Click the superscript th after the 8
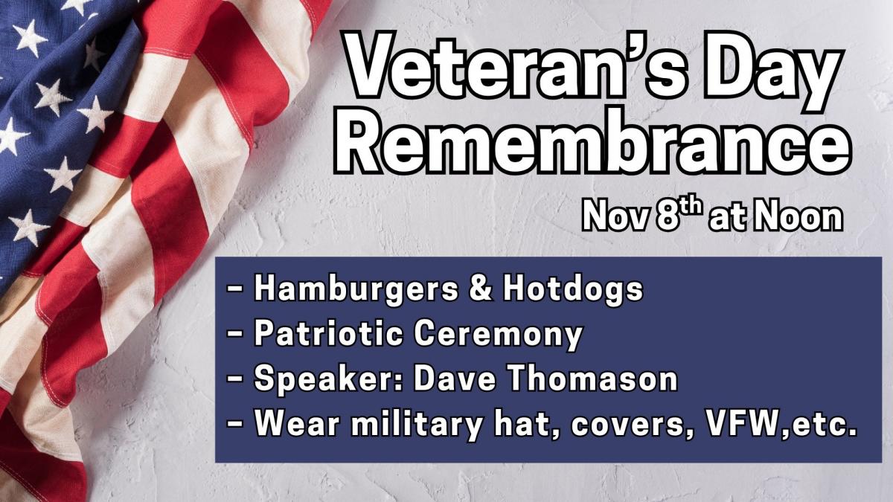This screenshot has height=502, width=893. pos(691,207)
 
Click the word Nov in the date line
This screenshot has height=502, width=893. pos(615,216)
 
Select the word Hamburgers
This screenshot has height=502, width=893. pos(356,290)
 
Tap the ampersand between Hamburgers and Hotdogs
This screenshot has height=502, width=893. pos(481,288)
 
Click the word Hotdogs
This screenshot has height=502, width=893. pos(573,290)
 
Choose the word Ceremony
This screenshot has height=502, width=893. pos(498,335)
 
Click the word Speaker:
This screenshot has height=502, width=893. pos(329,380)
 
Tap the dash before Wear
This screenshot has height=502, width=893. pos(236,425)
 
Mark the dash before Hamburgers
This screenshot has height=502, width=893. pos(236,289)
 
